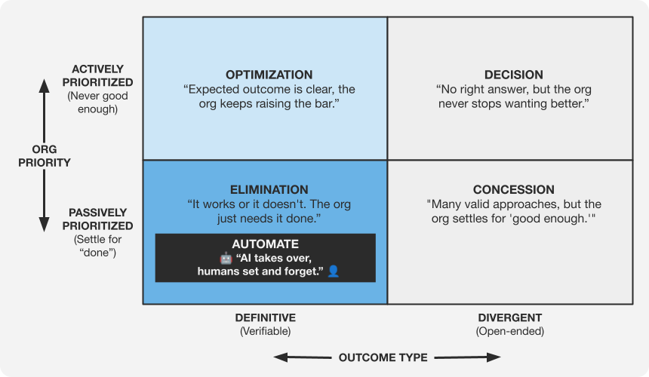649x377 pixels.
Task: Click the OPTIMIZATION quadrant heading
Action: tap(269, 75)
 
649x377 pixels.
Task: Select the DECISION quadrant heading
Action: tap(513, 75)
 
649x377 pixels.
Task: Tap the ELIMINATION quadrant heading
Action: tap(269, 190)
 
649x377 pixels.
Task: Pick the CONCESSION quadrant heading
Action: tap(513, 190)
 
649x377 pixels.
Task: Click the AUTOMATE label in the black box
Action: tap(265, 244)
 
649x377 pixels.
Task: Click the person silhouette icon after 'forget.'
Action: tap(333, 271)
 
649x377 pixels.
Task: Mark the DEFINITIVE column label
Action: tap(265, 317)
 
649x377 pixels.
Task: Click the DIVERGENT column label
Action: tap(510, 317)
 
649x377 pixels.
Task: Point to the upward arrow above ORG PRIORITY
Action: tap(44, 106)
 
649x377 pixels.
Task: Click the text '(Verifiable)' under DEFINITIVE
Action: tap(265, 331)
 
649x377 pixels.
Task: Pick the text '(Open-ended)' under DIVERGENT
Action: tap(510, 331)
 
